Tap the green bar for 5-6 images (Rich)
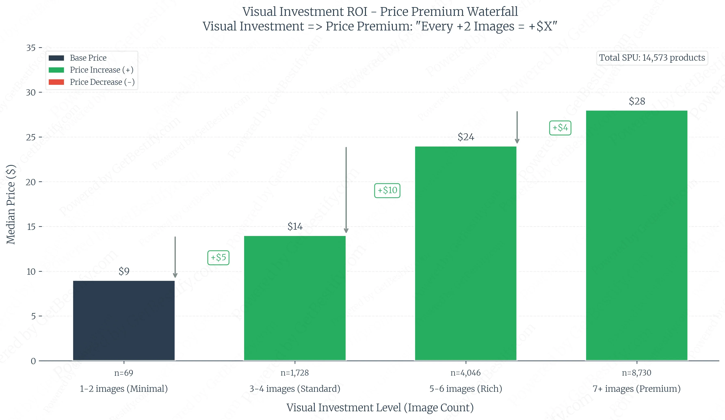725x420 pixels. tap(465, 253)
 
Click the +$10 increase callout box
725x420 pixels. tap(387, 190)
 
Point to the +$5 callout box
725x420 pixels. tap(218, 257)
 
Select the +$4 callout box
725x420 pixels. tap(560, 128)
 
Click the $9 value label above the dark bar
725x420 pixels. tap(124, 271)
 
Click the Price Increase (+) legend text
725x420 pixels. tap(102, 70)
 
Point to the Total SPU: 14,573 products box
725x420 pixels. tap(652, 58)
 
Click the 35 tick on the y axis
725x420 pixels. tap(31, 48)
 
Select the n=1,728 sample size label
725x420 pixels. tap(295, 373)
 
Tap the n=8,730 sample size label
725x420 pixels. tap(636, 373)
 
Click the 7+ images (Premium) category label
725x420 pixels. tap(636, 389)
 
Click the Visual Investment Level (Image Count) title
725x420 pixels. tap(380, 408)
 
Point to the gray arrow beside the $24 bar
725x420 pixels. tap(517, 127)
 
